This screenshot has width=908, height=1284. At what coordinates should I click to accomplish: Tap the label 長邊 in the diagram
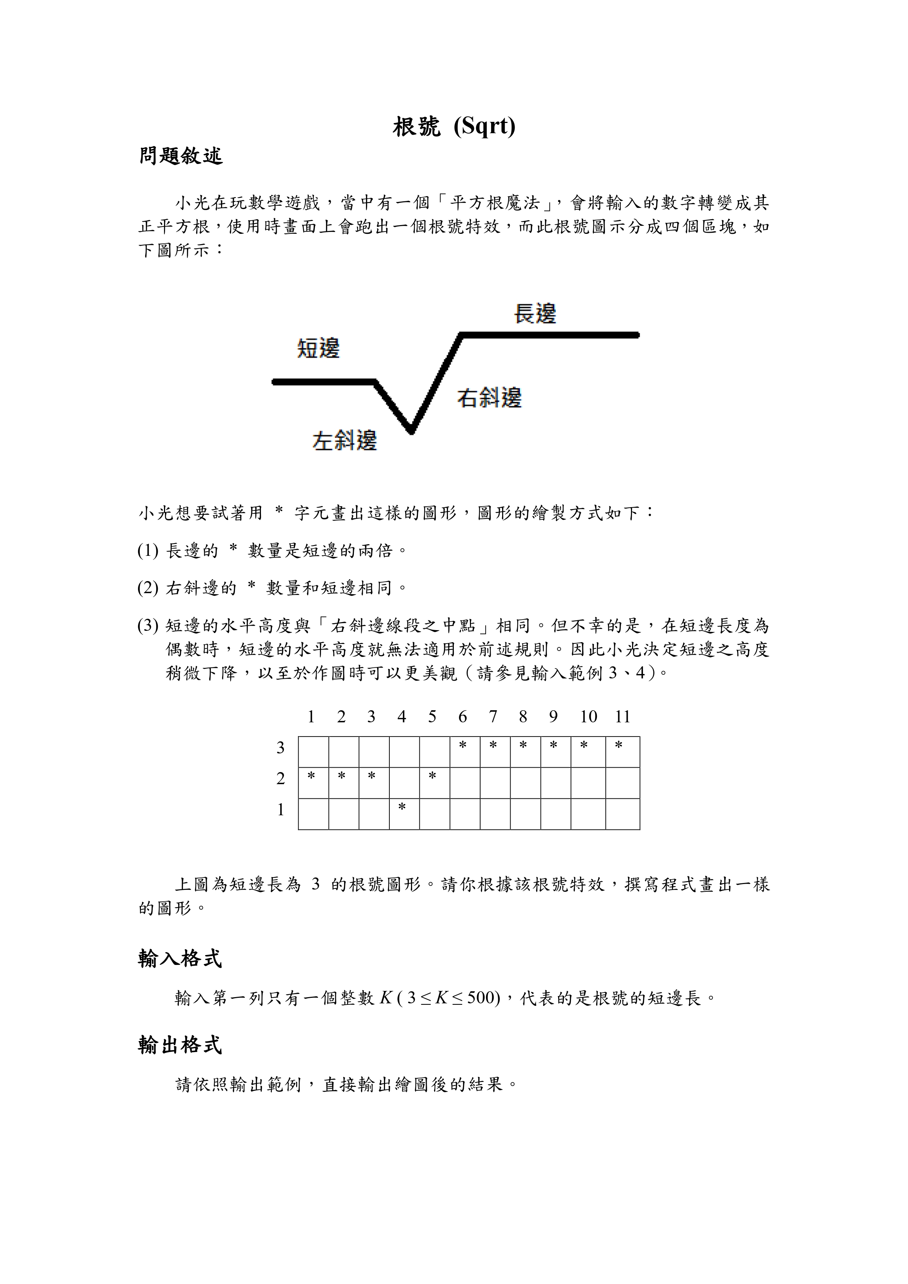point(535,313)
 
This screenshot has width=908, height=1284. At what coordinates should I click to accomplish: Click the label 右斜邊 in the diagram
point(489,398)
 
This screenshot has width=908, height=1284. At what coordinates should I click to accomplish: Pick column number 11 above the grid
point(623,717)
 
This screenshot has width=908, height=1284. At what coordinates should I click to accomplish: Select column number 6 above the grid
point(463,717)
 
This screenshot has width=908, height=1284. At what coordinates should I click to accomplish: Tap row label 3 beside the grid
point(281,748)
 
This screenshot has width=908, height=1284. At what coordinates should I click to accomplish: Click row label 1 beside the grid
point(281,810)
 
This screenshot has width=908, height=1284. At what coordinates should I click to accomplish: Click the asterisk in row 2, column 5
point(432,776)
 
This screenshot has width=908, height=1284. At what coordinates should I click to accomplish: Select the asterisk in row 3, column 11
point(619,745)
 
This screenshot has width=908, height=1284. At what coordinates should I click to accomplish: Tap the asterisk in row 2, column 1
point(311,776)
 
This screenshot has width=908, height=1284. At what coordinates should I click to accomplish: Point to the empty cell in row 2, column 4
point(404,783)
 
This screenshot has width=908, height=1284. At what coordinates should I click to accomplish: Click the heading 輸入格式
point(180,959)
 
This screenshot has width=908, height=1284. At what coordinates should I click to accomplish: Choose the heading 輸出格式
point(180,1045)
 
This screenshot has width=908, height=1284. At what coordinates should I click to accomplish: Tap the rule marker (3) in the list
point(148,625)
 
